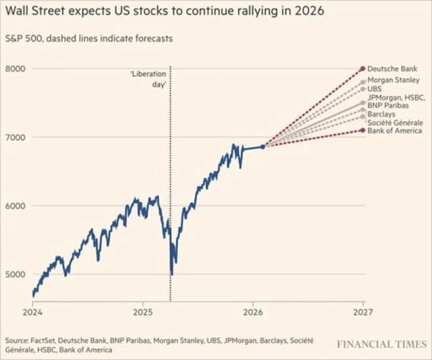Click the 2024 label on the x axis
pyautogui.click(x=32, y=311)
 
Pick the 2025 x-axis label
pyautogui.click(x=143, y=311)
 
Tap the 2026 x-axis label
pyautogui.click(x=253, y=311)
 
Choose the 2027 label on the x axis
pyautogui.click(x=363, y=311)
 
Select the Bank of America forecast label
pyautogui.click(x=394, y=131)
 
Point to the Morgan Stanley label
pyautogui.click(x=393, y=80)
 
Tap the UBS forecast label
pyautogui.click(x=374, y=89)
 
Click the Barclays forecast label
pyautogui.click(x=381, y=114)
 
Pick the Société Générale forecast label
pyautogui.click(x=395, y=123)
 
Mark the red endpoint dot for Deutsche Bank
pyautogui.click(x=363, y=69)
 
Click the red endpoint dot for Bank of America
pyautogui.click(x=363, y=130)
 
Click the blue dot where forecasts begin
pyautogui.click(x=263, y=146)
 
